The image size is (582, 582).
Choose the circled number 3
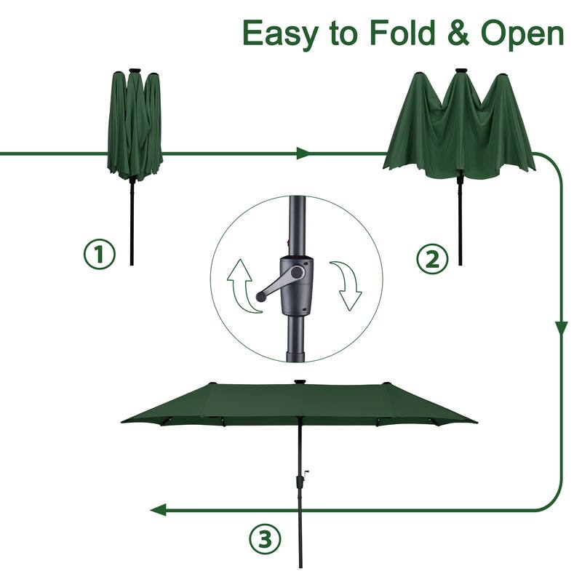265,539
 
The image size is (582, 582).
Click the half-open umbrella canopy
459,127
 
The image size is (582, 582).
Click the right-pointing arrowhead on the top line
303,154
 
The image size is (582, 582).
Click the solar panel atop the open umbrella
299,380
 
